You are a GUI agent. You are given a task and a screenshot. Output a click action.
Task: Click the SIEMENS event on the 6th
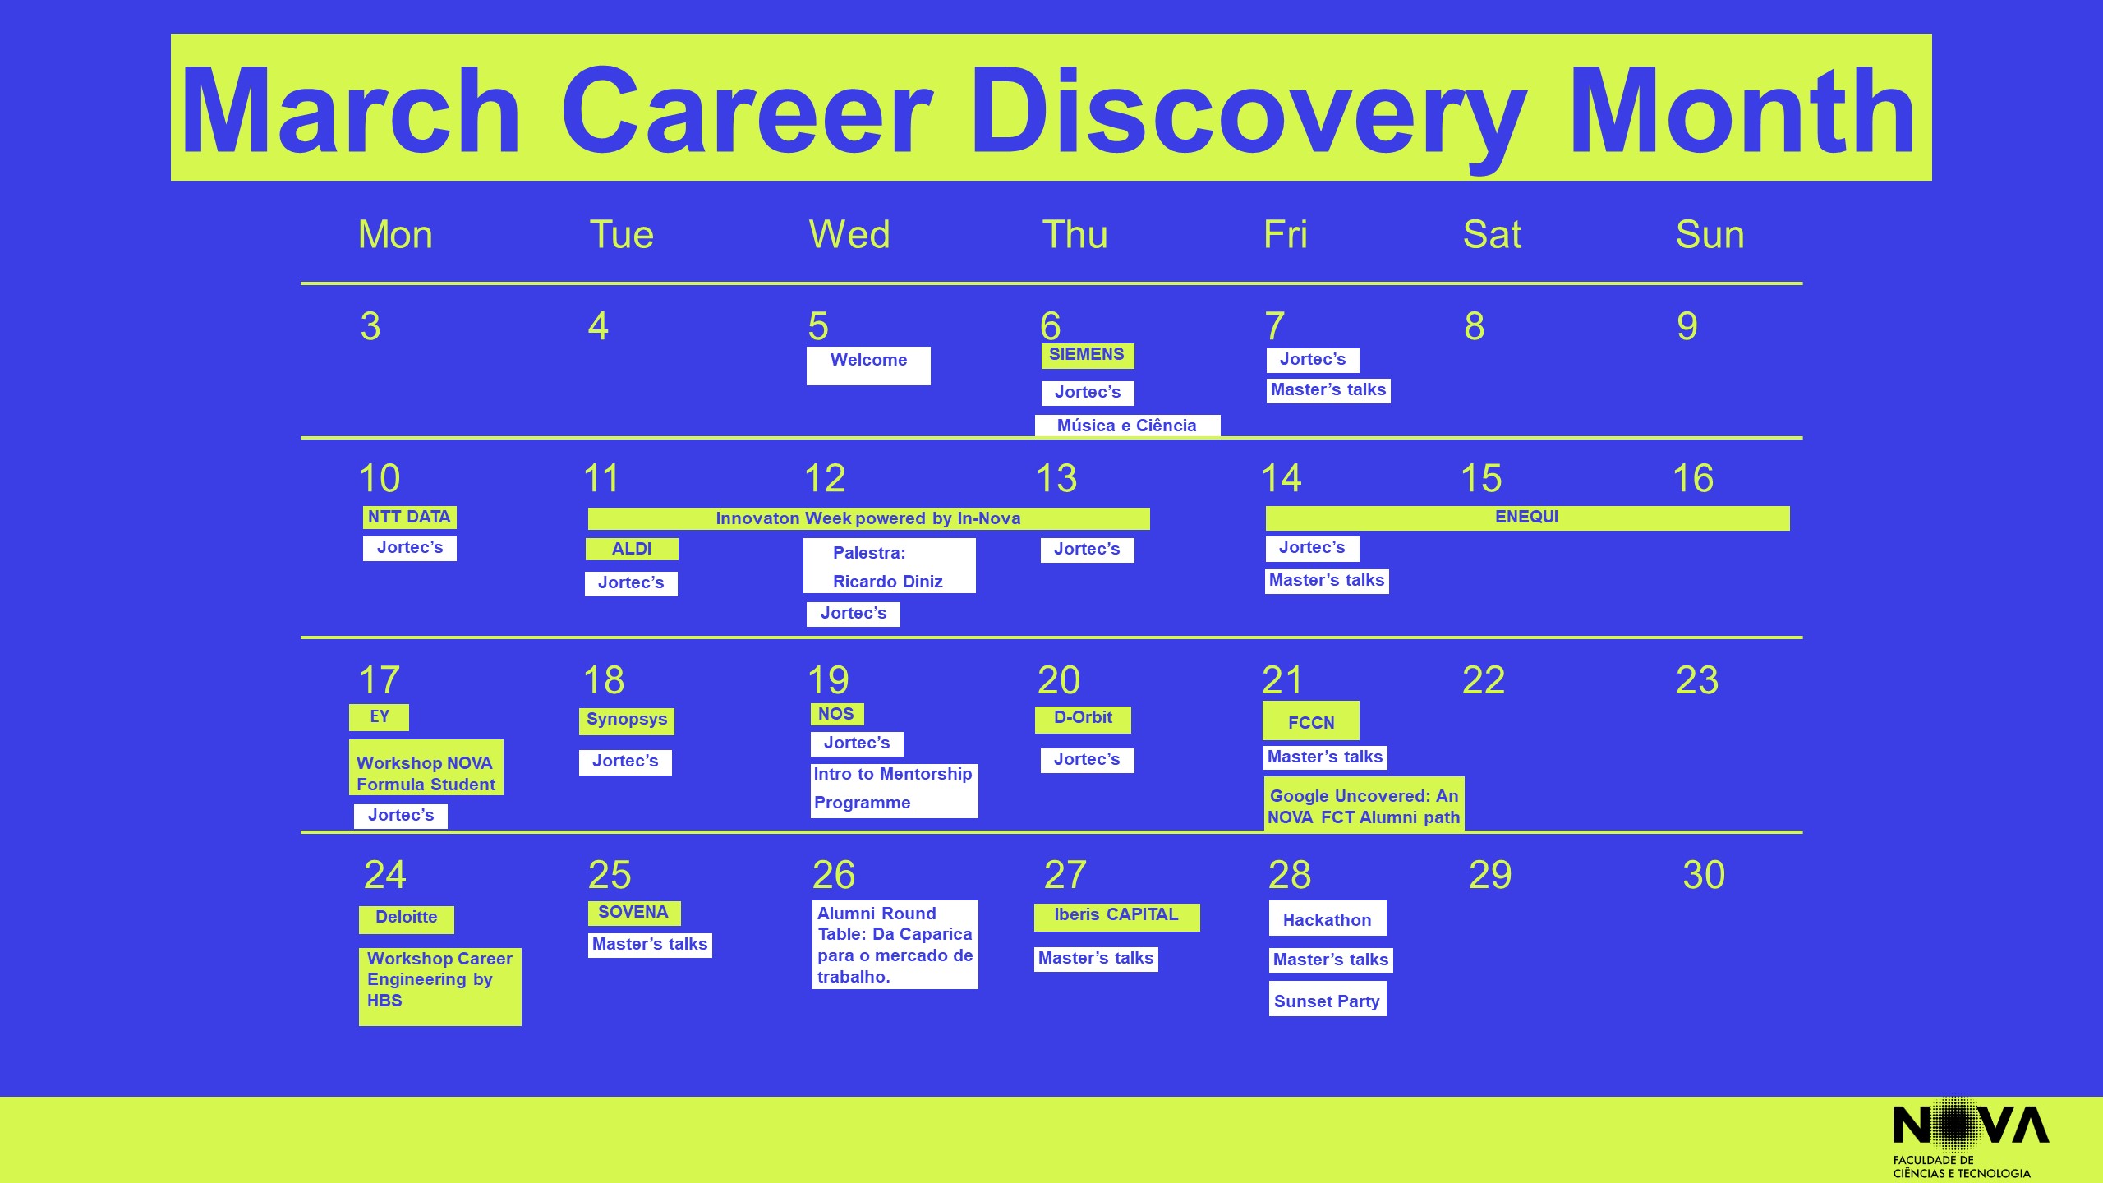point(1088,356)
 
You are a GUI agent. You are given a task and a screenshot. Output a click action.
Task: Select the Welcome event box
point(868,366)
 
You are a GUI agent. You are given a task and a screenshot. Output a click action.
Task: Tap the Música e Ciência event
point(1127,426)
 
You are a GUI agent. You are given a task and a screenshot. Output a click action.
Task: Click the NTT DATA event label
point(409,518)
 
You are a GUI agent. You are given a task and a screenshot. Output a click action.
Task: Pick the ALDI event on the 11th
point(632,549)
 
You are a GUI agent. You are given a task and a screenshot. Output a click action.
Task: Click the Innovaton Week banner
point(868,518)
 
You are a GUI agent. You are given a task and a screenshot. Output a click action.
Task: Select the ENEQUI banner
point(1527,518)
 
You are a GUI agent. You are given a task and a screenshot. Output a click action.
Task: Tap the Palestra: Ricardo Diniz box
point(889,565)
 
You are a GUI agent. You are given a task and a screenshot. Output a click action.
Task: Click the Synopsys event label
point(627,720)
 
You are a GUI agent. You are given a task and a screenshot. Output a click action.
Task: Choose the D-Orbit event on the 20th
point(1083,719)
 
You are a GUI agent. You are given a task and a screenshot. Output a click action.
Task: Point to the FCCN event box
point(1311,720)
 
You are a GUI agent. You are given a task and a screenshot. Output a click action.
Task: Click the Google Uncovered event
point(1364,804)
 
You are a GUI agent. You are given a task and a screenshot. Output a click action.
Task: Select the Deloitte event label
point(407,919)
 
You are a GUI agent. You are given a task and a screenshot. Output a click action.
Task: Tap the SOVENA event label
point(633,913)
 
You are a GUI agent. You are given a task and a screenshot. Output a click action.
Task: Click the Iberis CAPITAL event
point(1116,917)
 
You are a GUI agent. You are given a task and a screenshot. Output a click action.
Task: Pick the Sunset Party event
point(1328,999)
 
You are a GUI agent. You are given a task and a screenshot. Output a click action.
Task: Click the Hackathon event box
point(1328,918)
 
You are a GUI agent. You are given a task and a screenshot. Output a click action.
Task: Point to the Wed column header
point(849,234)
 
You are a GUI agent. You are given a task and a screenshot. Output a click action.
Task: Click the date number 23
point(1697,680)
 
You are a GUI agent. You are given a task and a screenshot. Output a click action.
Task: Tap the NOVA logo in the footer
point(1971,1139)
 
